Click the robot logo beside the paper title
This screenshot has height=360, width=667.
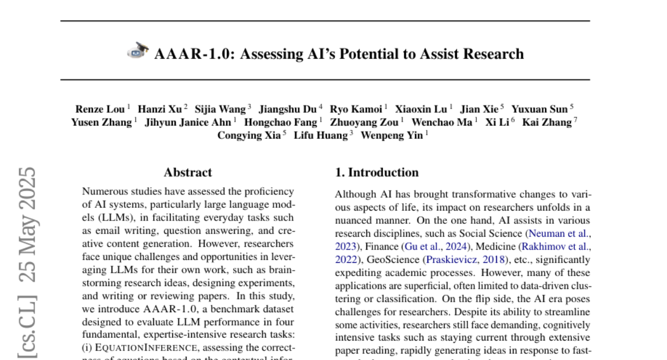[138, 52]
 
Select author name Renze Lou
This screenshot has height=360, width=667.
[100, 109]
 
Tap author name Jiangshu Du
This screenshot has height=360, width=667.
[287, 109]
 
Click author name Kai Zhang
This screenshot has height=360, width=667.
[547, 122]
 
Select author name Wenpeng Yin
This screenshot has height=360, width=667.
[391, 135]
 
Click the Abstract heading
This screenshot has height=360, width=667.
[188, 172]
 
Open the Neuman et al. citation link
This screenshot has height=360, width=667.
[559, 233]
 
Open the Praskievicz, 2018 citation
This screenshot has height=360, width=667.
[466, 259]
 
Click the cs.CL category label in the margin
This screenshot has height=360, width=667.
[28, 328]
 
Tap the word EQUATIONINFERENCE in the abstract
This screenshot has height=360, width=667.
[147, 348]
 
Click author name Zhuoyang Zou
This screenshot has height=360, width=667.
[364, 122]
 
